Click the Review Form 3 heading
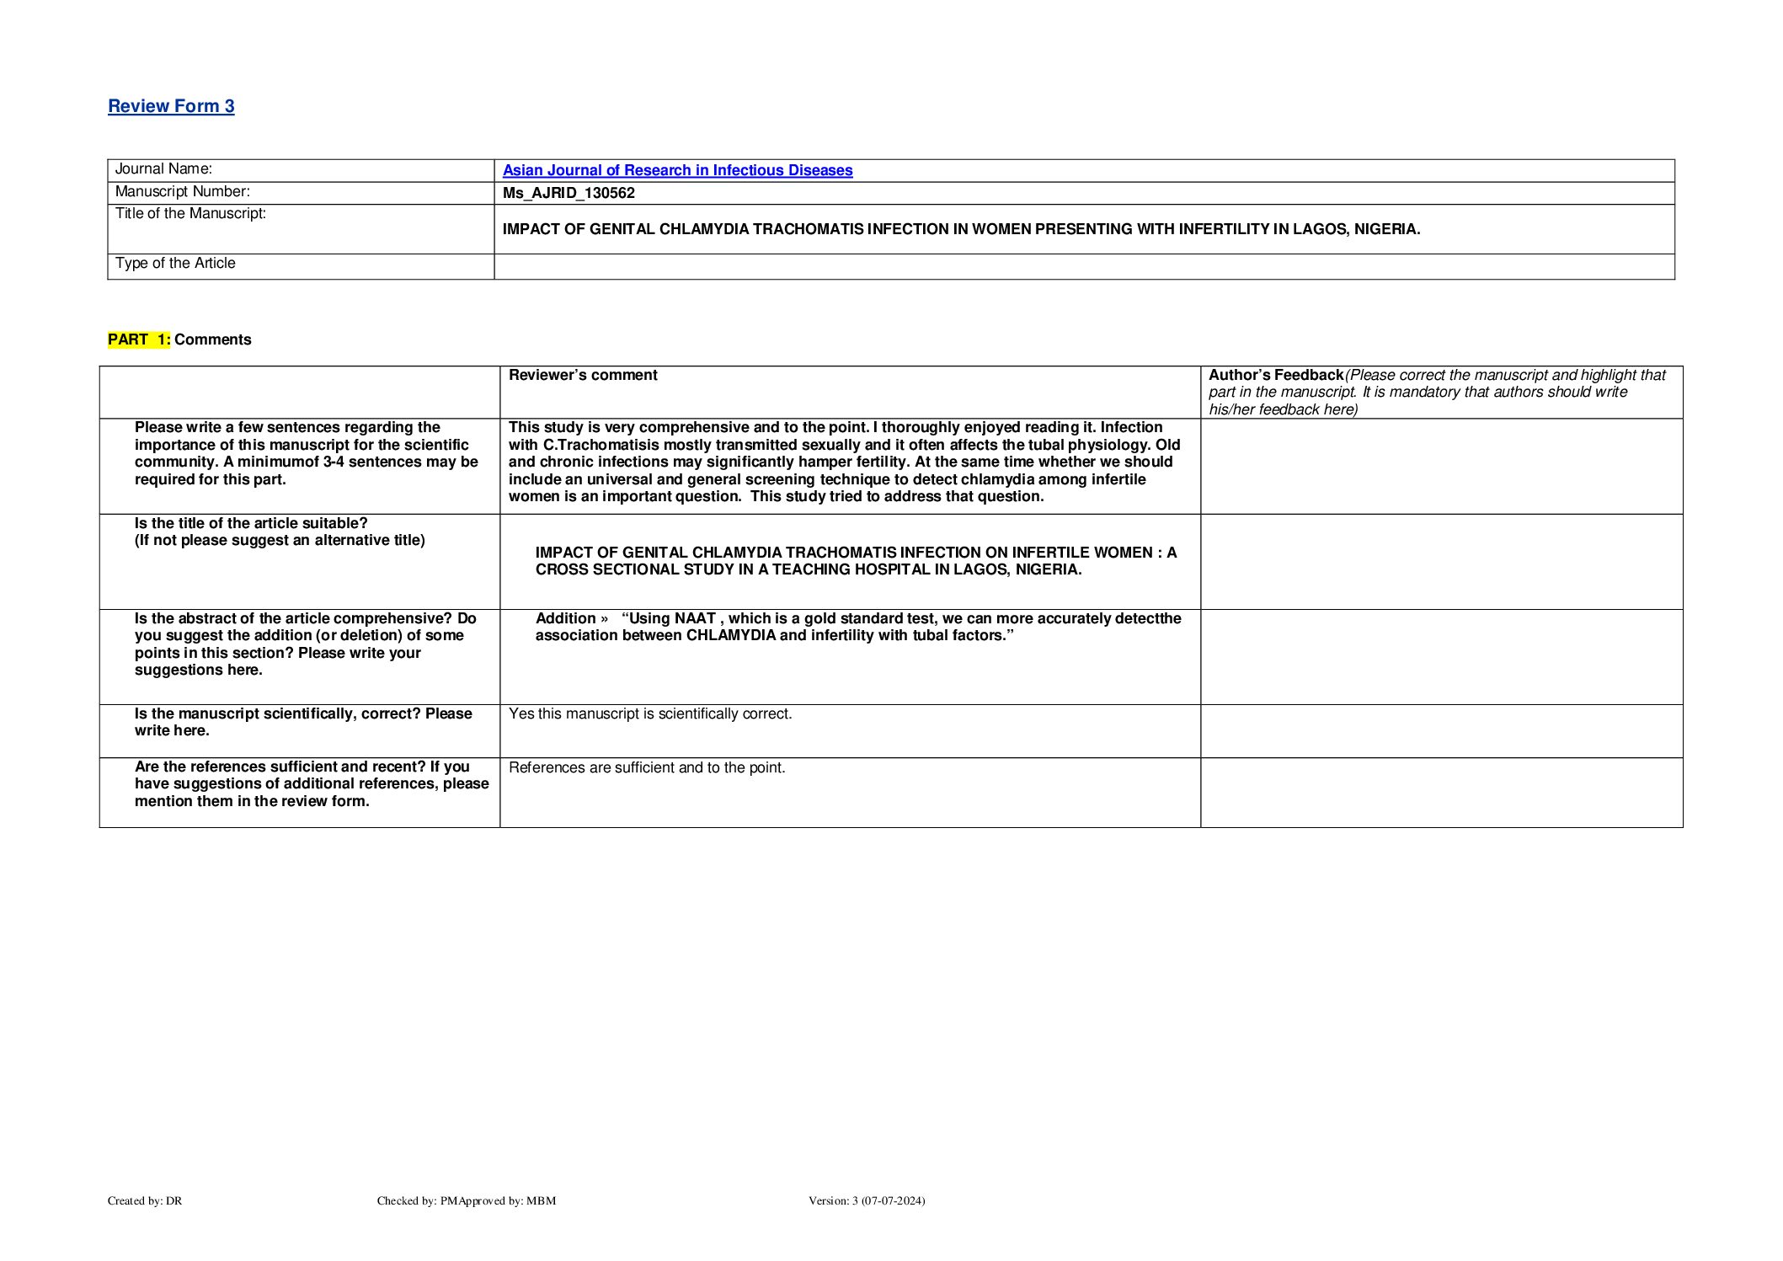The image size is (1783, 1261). [x=171, y=106]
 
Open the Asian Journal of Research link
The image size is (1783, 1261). [x=677, y=170]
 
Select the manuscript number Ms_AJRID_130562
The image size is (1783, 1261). [x=569, y=193]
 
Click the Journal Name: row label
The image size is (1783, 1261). [x=163, y=169]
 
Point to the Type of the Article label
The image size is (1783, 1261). [x=175, y=264]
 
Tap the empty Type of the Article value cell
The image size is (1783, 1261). [x=1083, y=266]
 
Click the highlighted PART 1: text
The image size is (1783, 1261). [x=139, y=339]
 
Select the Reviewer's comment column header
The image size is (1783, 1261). [x=583, y=376]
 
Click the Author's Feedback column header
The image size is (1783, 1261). [x=1276, y=376]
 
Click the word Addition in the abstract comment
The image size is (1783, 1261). [x=565, y=618]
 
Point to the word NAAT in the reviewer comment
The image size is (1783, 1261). [x=695, y=618]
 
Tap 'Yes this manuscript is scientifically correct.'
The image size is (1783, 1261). [x=650, y=714]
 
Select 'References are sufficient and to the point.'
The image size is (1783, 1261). [x=647, y=768]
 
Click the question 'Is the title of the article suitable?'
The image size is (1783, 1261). [x=251, y=523]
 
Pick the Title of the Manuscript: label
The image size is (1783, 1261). [x=190, y=214]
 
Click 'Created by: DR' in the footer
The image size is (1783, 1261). [x=145, y=1201]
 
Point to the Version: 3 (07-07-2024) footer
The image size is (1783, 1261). [x=867, y=1201]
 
